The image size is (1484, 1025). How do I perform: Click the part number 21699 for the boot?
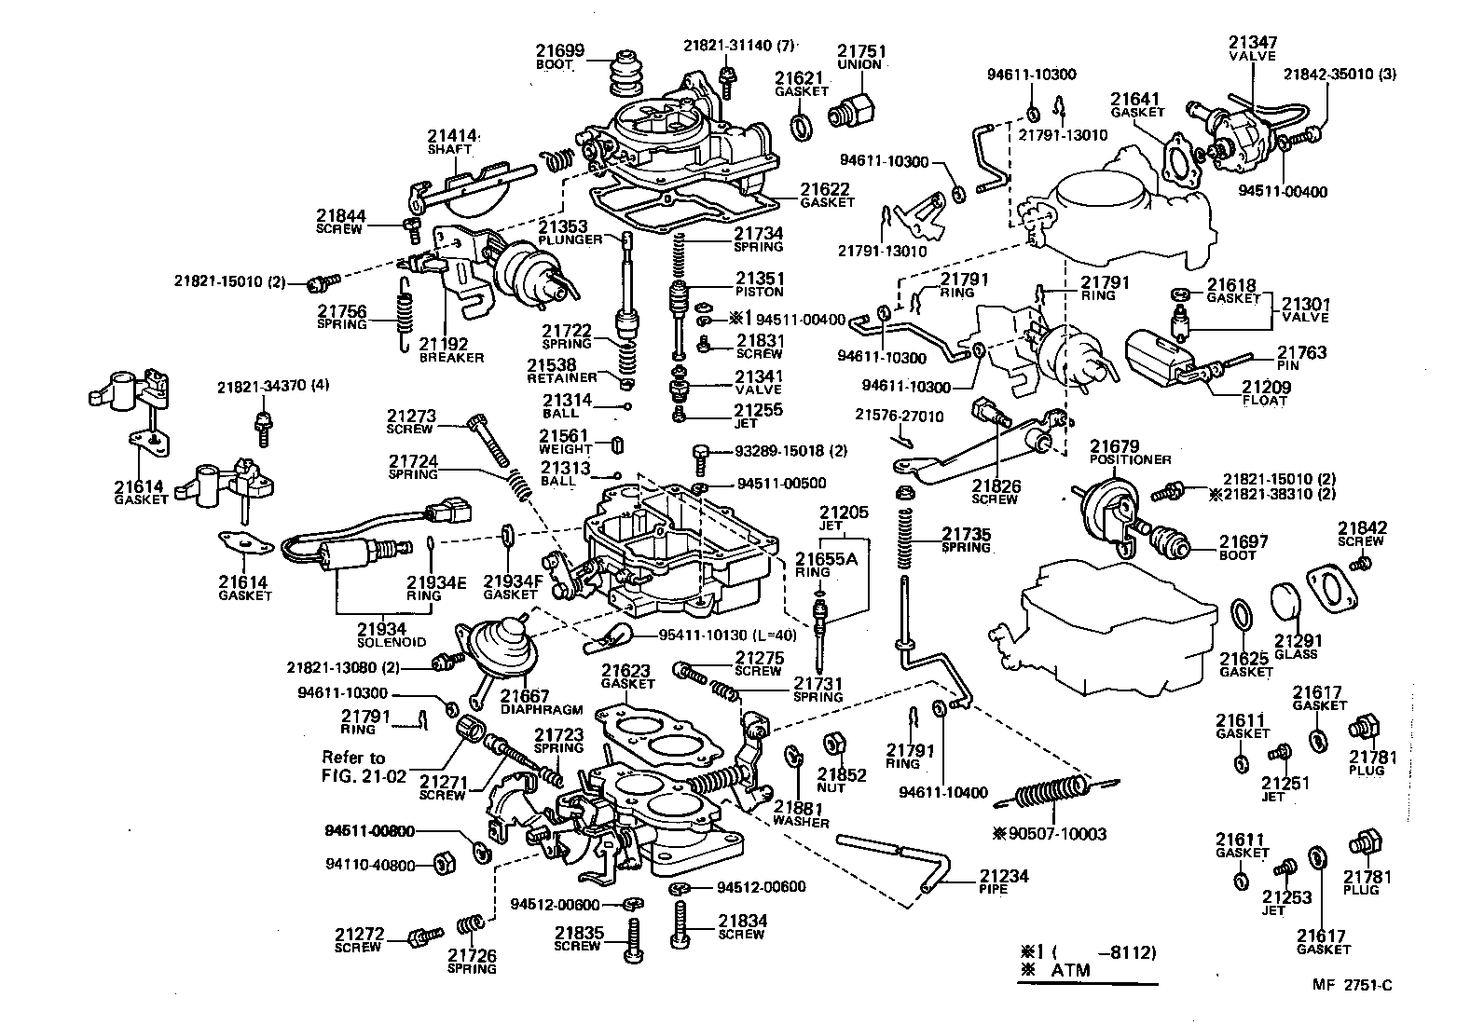pos(559,50)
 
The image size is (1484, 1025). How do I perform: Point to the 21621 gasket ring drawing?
pos(800,125)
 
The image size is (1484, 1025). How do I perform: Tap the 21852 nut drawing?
pos(833,745)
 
